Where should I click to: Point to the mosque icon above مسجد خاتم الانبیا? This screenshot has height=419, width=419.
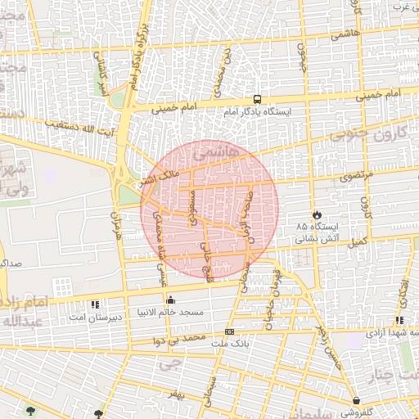click(x=170, y=300)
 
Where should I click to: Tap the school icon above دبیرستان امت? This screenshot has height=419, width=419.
click(x=95, y=304)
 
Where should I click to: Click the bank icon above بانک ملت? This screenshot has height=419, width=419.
click(x=229, y=331)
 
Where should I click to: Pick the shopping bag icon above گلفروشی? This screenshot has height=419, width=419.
click(x=358, y=400)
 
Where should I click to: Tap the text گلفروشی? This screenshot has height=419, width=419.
click(x=361, y=412)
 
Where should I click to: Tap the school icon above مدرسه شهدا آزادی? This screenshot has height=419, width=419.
click(x=399, y=321)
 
